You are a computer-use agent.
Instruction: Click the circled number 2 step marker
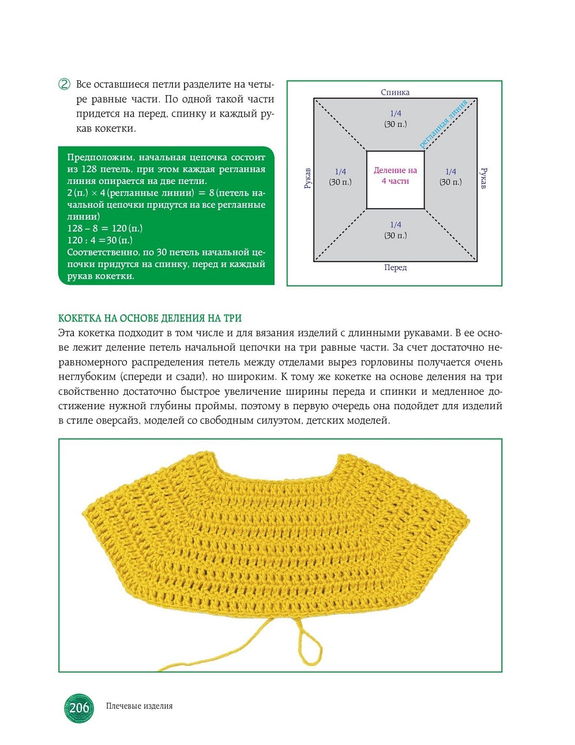[x=65, y=84]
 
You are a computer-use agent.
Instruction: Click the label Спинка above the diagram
[x=395, y=92]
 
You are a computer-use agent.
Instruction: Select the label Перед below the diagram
[x=396, y=268]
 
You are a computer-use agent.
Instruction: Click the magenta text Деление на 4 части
[x=395, y=175]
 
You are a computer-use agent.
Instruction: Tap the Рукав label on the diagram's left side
[x=307, y=178]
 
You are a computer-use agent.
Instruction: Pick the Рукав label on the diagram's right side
[x=484, y=178]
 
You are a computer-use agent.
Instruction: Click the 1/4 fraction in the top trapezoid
[x=396, y=114]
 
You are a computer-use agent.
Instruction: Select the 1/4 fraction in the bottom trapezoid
[x=396, y=225]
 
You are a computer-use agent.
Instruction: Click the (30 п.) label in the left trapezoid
[x=340, y=182]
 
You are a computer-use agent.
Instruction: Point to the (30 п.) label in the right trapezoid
[x=451, y=182]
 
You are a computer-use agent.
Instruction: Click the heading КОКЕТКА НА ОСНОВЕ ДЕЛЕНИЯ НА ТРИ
[x=150, y=318]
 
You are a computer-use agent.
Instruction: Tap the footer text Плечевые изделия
[x=140, y=706]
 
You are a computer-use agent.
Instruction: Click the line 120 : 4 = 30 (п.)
[x=100, y=240]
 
